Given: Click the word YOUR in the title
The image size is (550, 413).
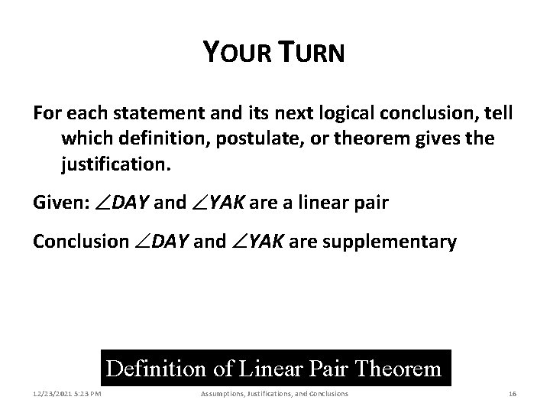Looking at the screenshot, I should pyautogui.click(x=231, y=53).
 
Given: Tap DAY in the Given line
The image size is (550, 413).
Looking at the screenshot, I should pyautogui.click(x=130, y=203).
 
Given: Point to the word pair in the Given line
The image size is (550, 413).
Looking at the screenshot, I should pyautogui.click(x=370, y=203).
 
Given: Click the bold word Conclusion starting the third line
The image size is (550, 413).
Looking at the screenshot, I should pyautogui.click(x=81, y=242).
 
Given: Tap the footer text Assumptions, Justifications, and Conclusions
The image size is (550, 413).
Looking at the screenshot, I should pyautogui.click(x=274, y=394).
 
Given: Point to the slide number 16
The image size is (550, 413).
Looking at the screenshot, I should pyautogui.click(x=513, y=394).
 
